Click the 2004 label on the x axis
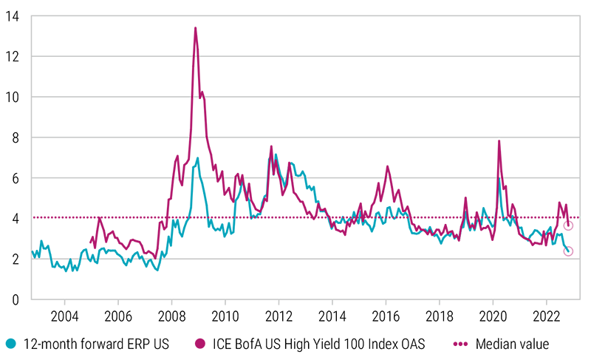tap(64, 313)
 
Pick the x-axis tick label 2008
tap(171, 313)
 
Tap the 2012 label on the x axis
tap(279, 313)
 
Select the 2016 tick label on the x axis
tap(386, 313)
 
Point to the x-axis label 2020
tap(493, 313)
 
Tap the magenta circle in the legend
tap(199, 343)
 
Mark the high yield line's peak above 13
tap(195, 27)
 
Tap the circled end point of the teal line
tap(568, 251)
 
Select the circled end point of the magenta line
tap(568, 225)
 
